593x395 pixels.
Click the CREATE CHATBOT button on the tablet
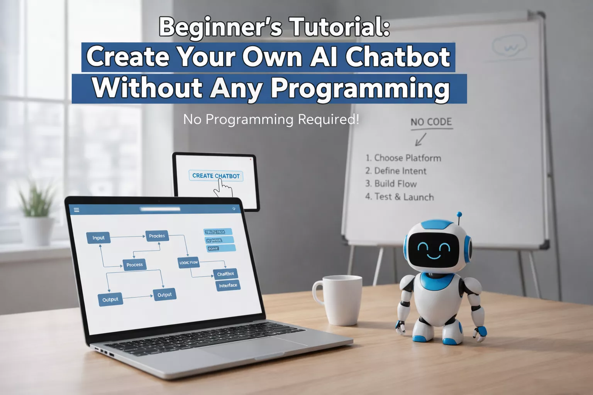(216, 176)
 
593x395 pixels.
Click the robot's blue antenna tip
(459, 214)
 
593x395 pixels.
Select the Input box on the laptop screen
(98, 238)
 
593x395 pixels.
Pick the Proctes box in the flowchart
(157, 236)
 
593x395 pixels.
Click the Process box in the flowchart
(134, 265)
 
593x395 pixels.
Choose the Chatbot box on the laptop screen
(225, 274)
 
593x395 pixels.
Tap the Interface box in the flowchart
(228, 285)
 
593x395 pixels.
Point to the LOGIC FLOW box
(188, 263)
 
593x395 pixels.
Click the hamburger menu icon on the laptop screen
(76, 210)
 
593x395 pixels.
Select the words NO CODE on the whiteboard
(431, 122)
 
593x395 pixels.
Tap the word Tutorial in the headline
(340, 27)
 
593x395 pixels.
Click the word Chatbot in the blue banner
(398, 57)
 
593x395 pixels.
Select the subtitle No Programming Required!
(271, 119)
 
